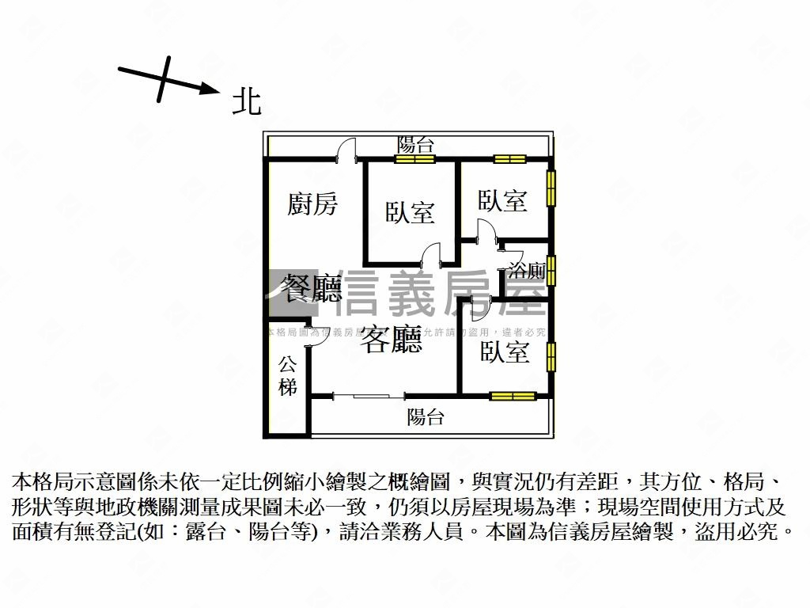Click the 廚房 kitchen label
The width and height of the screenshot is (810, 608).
312,204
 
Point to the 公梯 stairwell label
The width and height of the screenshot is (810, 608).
288,377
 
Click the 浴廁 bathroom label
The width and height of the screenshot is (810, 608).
527,271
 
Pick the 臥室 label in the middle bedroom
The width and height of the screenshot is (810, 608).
411,211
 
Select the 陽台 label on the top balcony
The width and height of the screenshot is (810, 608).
415,145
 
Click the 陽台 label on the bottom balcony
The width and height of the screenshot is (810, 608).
426,417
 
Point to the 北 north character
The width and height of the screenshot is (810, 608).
247,101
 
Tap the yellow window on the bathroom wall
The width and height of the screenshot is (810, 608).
551,270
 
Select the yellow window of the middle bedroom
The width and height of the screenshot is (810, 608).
415,159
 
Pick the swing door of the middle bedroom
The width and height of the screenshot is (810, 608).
432,256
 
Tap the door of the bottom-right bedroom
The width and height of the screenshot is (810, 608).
479,305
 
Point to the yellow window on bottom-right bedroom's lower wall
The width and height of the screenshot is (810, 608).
508,395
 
